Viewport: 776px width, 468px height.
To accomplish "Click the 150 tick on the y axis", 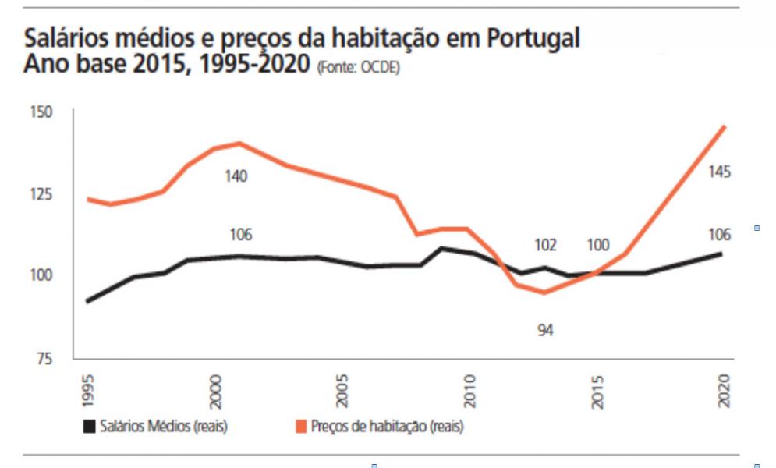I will [x=42, y=112].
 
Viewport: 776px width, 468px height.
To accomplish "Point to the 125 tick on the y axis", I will [x=42, y=193].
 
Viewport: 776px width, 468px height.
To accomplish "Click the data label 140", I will [x=236, y=176].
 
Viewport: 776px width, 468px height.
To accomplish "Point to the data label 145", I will [x=719, y=172].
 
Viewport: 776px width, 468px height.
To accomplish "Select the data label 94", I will [x=545, y=331].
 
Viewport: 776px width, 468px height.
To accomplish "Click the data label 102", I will [x=545, y=245].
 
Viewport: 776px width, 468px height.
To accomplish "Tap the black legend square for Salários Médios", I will [x=89, y=427].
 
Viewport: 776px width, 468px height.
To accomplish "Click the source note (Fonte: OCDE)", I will [x=358, y=68].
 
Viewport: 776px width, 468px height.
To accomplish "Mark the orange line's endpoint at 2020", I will [x=725, y=126].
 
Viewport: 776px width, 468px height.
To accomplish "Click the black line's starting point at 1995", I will [x=87, y=301].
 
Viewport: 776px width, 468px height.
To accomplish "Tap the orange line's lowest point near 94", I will [x=544, y=292].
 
